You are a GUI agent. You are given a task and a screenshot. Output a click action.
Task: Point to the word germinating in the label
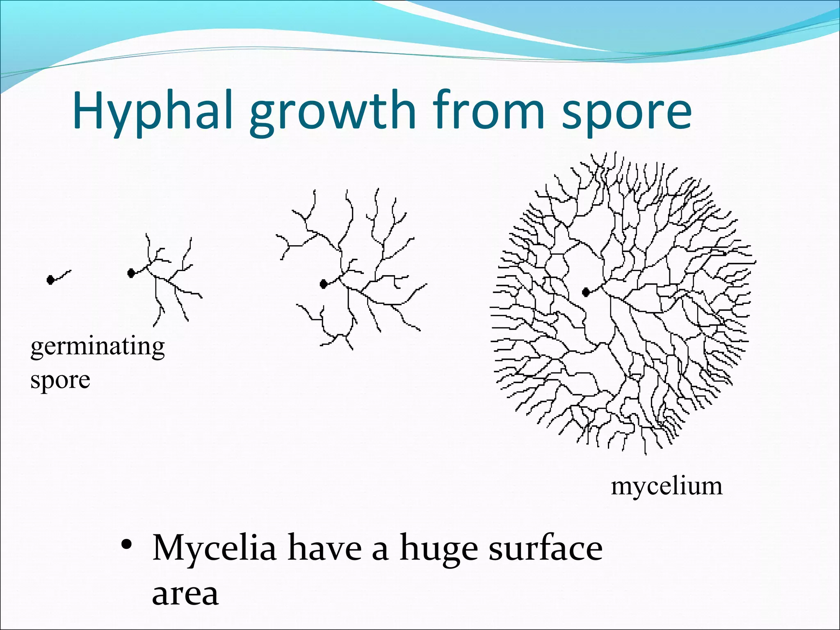pos(98,347)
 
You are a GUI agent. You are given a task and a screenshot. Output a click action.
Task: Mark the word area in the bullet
pos(185,593)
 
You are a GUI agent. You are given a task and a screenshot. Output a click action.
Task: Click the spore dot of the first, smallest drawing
pos(50,280)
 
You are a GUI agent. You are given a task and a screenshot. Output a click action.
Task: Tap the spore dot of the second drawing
pos(131,273)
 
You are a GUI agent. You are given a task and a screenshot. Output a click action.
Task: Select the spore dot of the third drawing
pos(324,284)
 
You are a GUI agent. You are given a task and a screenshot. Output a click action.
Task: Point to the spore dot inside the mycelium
pos(586,292)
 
